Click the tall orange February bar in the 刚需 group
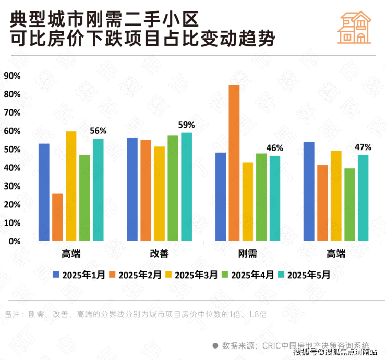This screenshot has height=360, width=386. pos(234,163)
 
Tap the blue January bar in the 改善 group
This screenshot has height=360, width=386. pos(132,189)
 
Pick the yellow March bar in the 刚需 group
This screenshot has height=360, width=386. pos(248,202)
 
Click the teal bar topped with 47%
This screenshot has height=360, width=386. pos(363,197)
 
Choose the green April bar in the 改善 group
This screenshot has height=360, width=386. pos(173,188)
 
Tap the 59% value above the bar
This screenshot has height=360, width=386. pos(186,125)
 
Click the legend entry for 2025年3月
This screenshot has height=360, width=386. pos(191,274)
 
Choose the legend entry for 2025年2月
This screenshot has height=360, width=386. pos(135,274)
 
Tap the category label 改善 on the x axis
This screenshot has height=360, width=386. pos(159,254)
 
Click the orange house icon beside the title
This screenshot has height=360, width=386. pos(354,28)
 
